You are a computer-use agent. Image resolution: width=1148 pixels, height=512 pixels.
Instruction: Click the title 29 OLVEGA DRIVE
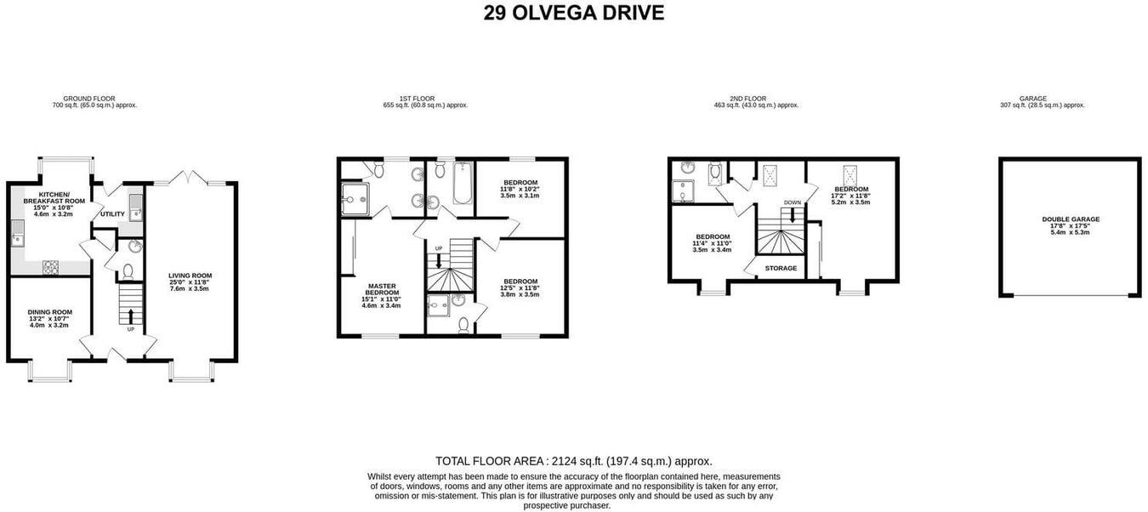[x=574, y=13]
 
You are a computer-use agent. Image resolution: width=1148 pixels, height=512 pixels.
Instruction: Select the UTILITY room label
[x=112, y=214]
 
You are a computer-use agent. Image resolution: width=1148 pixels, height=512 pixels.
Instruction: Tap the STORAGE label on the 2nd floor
[x=781, y=269]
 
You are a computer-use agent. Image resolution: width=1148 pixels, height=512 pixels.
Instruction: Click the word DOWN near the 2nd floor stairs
[x=792, y=202]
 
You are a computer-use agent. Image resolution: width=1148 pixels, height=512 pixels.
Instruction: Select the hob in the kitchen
[x=50, y=267]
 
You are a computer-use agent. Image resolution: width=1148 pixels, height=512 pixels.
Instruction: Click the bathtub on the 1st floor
[x=463, y=184]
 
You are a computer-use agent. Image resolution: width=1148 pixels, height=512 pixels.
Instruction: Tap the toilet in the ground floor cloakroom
[x=128, y=272]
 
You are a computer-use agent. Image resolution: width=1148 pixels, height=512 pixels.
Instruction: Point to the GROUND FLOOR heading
[x=94, y=99]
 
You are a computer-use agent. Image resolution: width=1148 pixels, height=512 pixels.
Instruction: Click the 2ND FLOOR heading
[x=756, y=99]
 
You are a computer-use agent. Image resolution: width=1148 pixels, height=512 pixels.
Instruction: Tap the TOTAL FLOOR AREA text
[x=574, y=460]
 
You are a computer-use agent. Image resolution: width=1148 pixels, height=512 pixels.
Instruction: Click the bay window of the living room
[x=190, y=371]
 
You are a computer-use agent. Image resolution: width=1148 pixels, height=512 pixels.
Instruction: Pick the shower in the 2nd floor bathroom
[x=683, y=193]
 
